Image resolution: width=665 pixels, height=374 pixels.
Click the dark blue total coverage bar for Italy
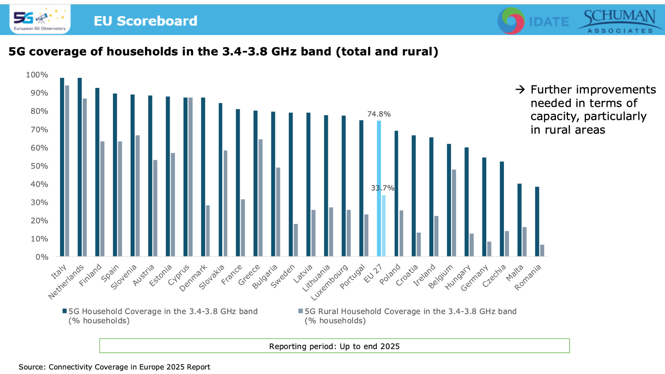(x=62, y=167)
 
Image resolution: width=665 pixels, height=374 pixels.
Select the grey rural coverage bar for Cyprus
(x=190, y=177)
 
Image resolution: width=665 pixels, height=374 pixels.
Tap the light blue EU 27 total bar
(x=379, y=189)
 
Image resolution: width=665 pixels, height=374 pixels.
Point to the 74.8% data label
(x=379, y=114)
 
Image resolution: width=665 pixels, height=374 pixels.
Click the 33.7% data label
(x=382, y=188)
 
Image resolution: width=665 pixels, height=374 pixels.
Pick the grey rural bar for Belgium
(x=454, y=213)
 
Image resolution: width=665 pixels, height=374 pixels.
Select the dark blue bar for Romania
(x=537, y=222)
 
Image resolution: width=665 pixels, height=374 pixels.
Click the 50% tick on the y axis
(x=39, y=166)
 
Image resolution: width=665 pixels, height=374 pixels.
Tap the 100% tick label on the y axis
(x=37, y=75)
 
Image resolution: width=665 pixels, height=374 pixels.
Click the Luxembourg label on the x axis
(x=329, y=282)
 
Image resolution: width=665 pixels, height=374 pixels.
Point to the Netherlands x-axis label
(x=66, y=282)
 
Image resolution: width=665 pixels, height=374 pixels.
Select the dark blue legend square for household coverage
(x=64, y=311)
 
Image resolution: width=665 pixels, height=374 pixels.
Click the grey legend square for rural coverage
(x=301, y=311)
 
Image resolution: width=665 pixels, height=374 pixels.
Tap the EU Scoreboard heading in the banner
(x=145, y=21)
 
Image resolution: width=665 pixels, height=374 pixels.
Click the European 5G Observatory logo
(x=40, y=19)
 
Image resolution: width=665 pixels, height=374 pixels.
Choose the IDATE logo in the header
(x=533, y=21)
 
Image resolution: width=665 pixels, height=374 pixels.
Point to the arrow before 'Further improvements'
(x=520, y=90)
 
